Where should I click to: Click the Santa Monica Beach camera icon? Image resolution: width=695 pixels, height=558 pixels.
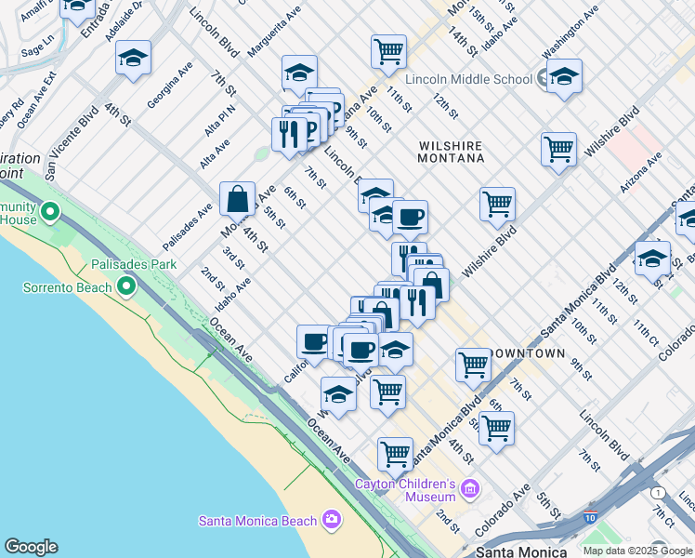click(332, 520)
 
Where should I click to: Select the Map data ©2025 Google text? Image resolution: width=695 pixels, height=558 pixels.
click(637, 550)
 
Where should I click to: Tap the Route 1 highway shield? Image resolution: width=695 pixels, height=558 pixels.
click(658, 492)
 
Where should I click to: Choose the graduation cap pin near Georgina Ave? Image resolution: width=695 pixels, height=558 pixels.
click(134, 59)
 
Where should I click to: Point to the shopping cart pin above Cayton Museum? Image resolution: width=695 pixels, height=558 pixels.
click(395, 454)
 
